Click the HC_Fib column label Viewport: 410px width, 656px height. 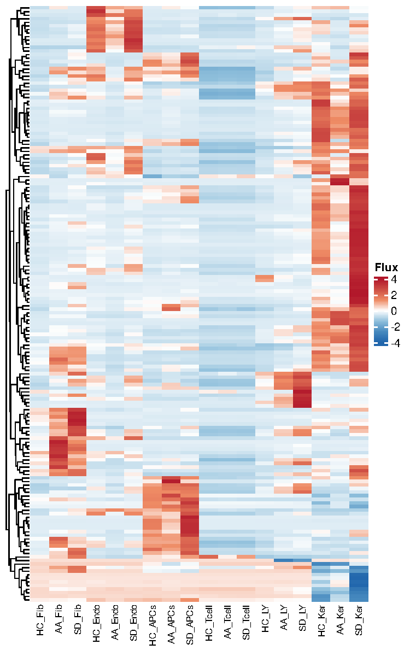point(40,620)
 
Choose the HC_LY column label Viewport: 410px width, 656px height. point(265,618)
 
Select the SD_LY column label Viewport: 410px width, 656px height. point(302,618)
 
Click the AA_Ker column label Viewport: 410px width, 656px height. point(340,619)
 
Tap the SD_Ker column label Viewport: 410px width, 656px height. point(359,620)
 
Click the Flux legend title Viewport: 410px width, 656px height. point(386,267)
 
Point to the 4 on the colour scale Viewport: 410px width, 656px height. point(394,279)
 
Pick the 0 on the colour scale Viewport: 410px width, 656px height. point(394,311)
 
